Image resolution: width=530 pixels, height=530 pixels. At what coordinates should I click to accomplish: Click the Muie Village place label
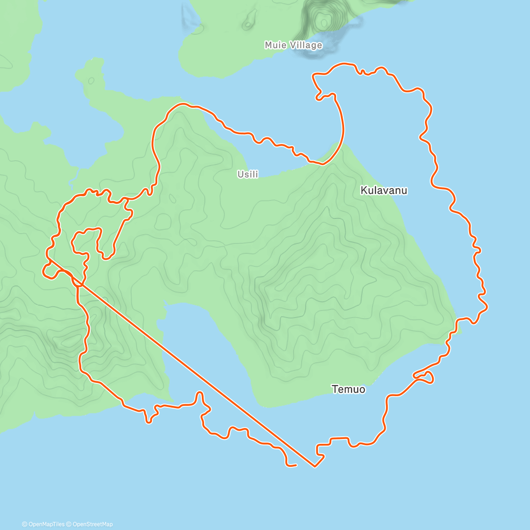coord(293,45)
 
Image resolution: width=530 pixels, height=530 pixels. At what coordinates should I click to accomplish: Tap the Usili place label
coord(248,174)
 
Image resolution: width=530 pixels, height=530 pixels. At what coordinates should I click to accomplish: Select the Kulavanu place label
coord(384,190)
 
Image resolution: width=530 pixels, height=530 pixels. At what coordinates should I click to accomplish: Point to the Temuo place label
coord(348,389)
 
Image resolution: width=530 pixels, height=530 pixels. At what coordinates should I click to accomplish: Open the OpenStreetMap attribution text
coord(92,524)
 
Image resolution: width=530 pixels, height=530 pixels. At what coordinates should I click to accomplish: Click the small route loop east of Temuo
coord(425,377)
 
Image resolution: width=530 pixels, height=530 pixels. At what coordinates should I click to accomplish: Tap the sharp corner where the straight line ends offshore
coord(314,466)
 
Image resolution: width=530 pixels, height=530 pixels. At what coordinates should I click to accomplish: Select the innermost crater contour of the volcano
coord(324,21)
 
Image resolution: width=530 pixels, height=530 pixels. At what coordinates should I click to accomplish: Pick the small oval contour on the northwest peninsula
coord(91,81)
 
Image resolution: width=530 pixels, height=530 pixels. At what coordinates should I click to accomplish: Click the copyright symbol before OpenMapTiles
coord(24,524)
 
